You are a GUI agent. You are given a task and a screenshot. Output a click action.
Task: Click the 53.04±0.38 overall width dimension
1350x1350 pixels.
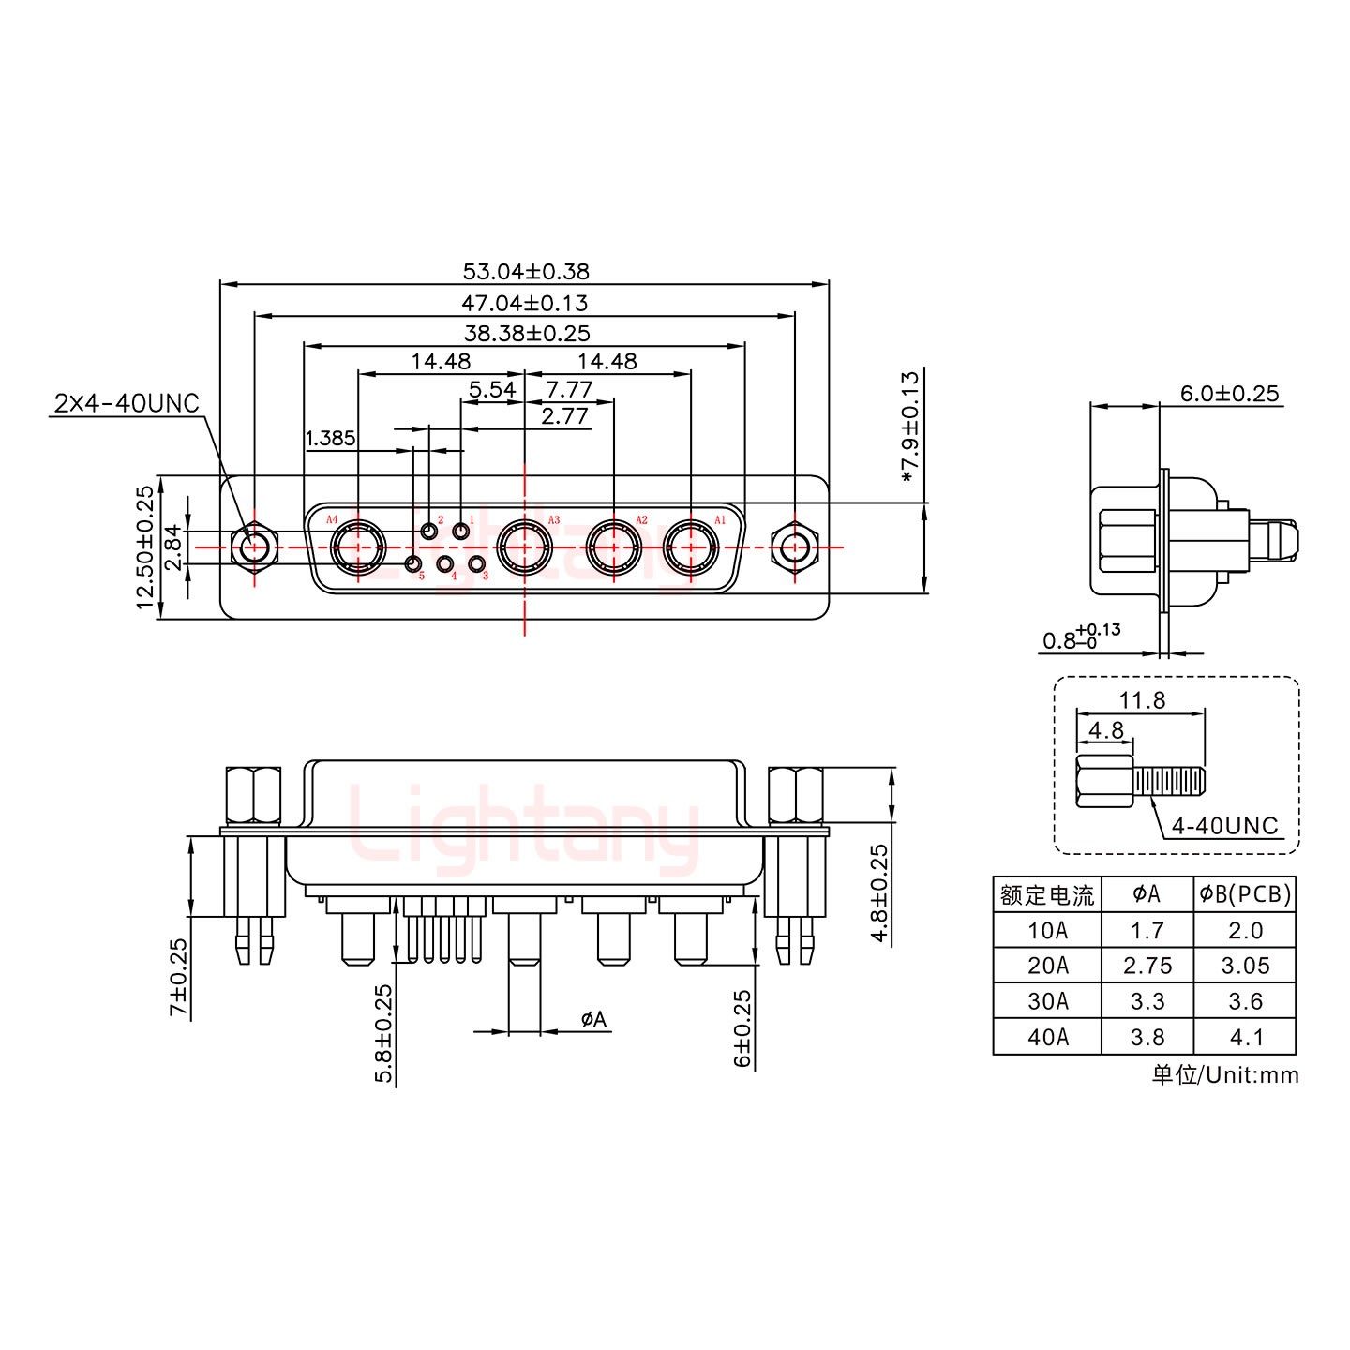(525, 272)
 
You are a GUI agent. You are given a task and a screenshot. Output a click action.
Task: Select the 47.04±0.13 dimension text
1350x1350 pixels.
(524, 303)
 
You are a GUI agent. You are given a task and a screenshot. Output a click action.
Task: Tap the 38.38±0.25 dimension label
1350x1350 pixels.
(527, 333)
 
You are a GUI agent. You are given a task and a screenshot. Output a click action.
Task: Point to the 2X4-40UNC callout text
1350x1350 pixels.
(127, 403)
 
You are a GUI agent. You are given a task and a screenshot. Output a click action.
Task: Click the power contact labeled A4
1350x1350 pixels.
(357, 547)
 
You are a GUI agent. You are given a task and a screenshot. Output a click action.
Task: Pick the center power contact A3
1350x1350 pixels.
(524, 547)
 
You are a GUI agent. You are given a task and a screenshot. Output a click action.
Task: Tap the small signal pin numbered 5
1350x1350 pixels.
(412, 564)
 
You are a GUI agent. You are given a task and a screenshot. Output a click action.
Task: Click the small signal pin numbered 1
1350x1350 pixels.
(461, 532)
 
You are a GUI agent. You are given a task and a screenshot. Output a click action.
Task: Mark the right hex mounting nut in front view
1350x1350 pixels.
(794, 547)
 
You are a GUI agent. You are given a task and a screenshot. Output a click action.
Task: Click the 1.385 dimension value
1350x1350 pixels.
(330, 438)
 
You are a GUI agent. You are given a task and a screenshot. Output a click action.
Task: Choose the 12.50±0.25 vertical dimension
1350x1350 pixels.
(144, 547)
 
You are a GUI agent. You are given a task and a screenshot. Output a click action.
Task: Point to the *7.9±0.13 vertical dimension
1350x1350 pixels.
(909, 427)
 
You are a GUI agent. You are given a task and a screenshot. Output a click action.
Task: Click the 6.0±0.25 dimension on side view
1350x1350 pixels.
(1228, 394)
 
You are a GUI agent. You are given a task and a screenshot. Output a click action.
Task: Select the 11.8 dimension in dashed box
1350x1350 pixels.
(1141, 700)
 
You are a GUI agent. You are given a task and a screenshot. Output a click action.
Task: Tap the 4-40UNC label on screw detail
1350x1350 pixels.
(1224, 826)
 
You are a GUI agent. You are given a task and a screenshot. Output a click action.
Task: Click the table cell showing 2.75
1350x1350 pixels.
(1147, 966)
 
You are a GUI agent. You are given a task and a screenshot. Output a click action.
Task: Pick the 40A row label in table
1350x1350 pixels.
(1047, 1038)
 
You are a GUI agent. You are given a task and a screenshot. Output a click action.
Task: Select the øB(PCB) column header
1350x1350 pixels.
(1245, 894)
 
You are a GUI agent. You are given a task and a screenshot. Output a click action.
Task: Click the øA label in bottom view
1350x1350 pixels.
(593, 1019)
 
